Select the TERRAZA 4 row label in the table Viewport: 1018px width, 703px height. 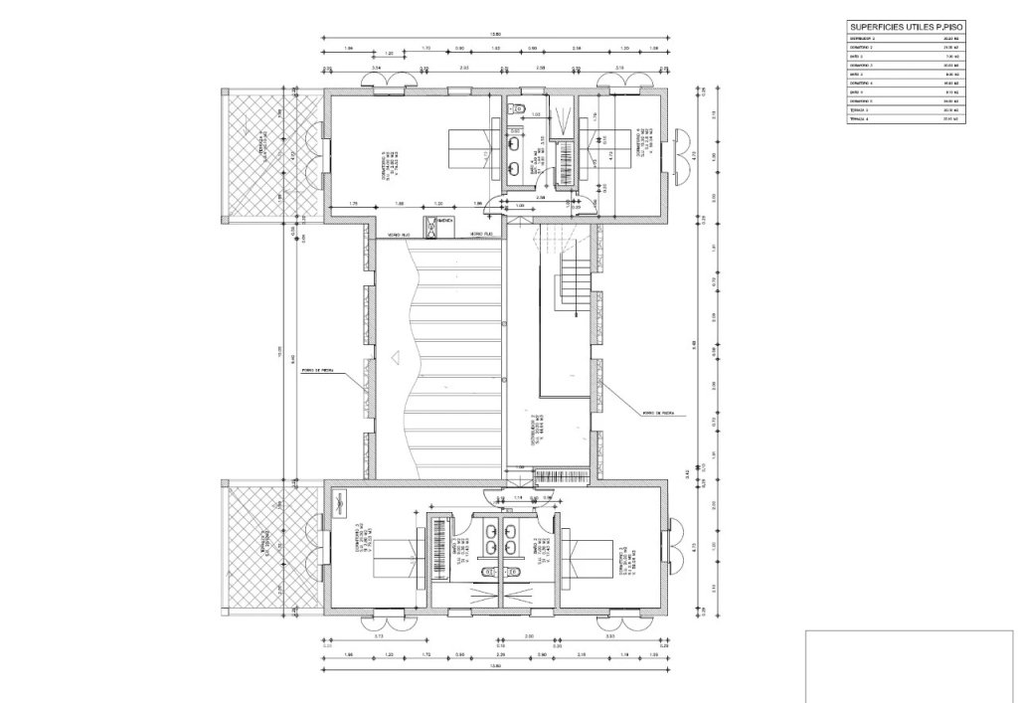(x=860, y=119)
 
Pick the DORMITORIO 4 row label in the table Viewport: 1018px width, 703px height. (x=862, y=83)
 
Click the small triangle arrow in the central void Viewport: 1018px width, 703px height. (x=396, y=355)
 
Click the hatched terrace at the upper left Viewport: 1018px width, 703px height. (x=253, y=154)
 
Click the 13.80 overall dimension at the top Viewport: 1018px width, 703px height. (x=494, y=38)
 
